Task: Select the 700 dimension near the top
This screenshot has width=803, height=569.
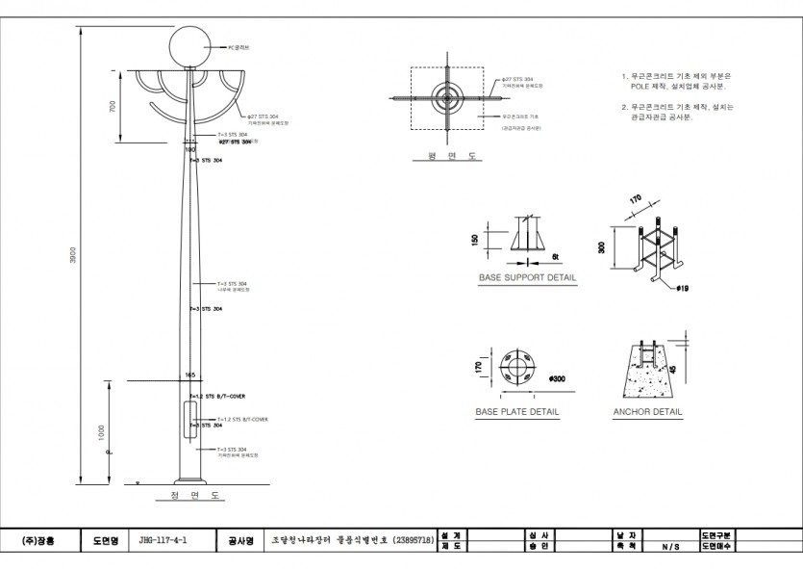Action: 113,106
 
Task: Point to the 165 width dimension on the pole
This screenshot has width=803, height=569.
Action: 189,374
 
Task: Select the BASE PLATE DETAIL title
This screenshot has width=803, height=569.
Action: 516,411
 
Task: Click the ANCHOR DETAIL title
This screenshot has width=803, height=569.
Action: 647,411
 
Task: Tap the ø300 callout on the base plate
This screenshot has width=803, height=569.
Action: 555,379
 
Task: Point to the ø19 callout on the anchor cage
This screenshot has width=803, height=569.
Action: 681,287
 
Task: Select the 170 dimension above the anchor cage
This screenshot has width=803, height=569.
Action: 636,202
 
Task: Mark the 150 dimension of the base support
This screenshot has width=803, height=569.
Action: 473,240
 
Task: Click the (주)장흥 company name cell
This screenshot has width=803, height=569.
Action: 38,541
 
